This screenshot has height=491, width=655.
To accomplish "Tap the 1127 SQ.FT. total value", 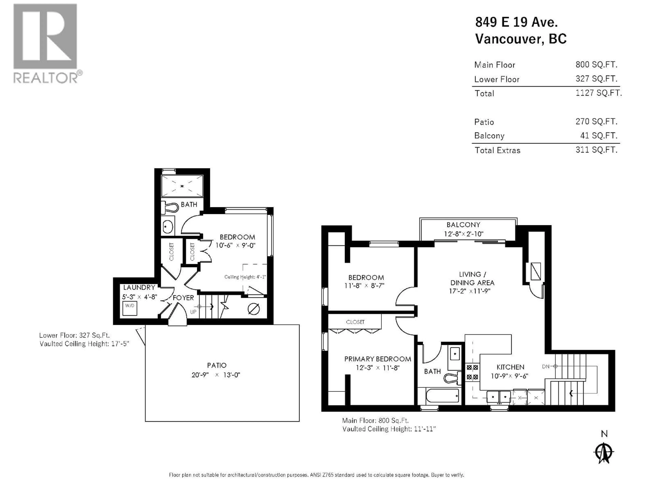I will click(x=598, y=93).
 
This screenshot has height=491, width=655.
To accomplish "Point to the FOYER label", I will click(x=183, y=298).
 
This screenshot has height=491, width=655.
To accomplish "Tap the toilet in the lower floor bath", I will click(x=169, y=207).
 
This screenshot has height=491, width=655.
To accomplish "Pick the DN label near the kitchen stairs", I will click(x=545, y=366).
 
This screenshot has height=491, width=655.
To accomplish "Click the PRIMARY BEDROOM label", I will click(x=377, y=359).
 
